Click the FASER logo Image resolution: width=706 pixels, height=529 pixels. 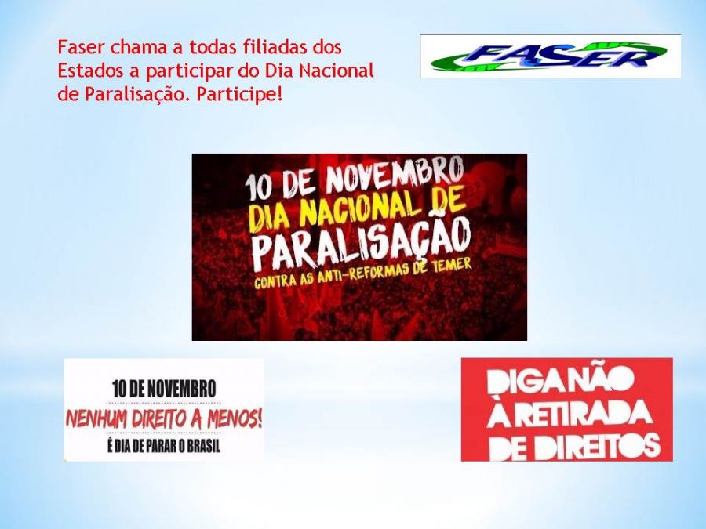550,56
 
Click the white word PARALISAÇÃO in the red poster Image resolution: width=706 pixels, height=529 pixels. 362,244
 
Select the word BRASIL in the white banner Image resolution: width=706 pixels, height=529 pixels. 203,446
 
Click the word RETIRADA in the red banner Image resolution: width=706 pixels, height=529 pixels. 577,414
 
